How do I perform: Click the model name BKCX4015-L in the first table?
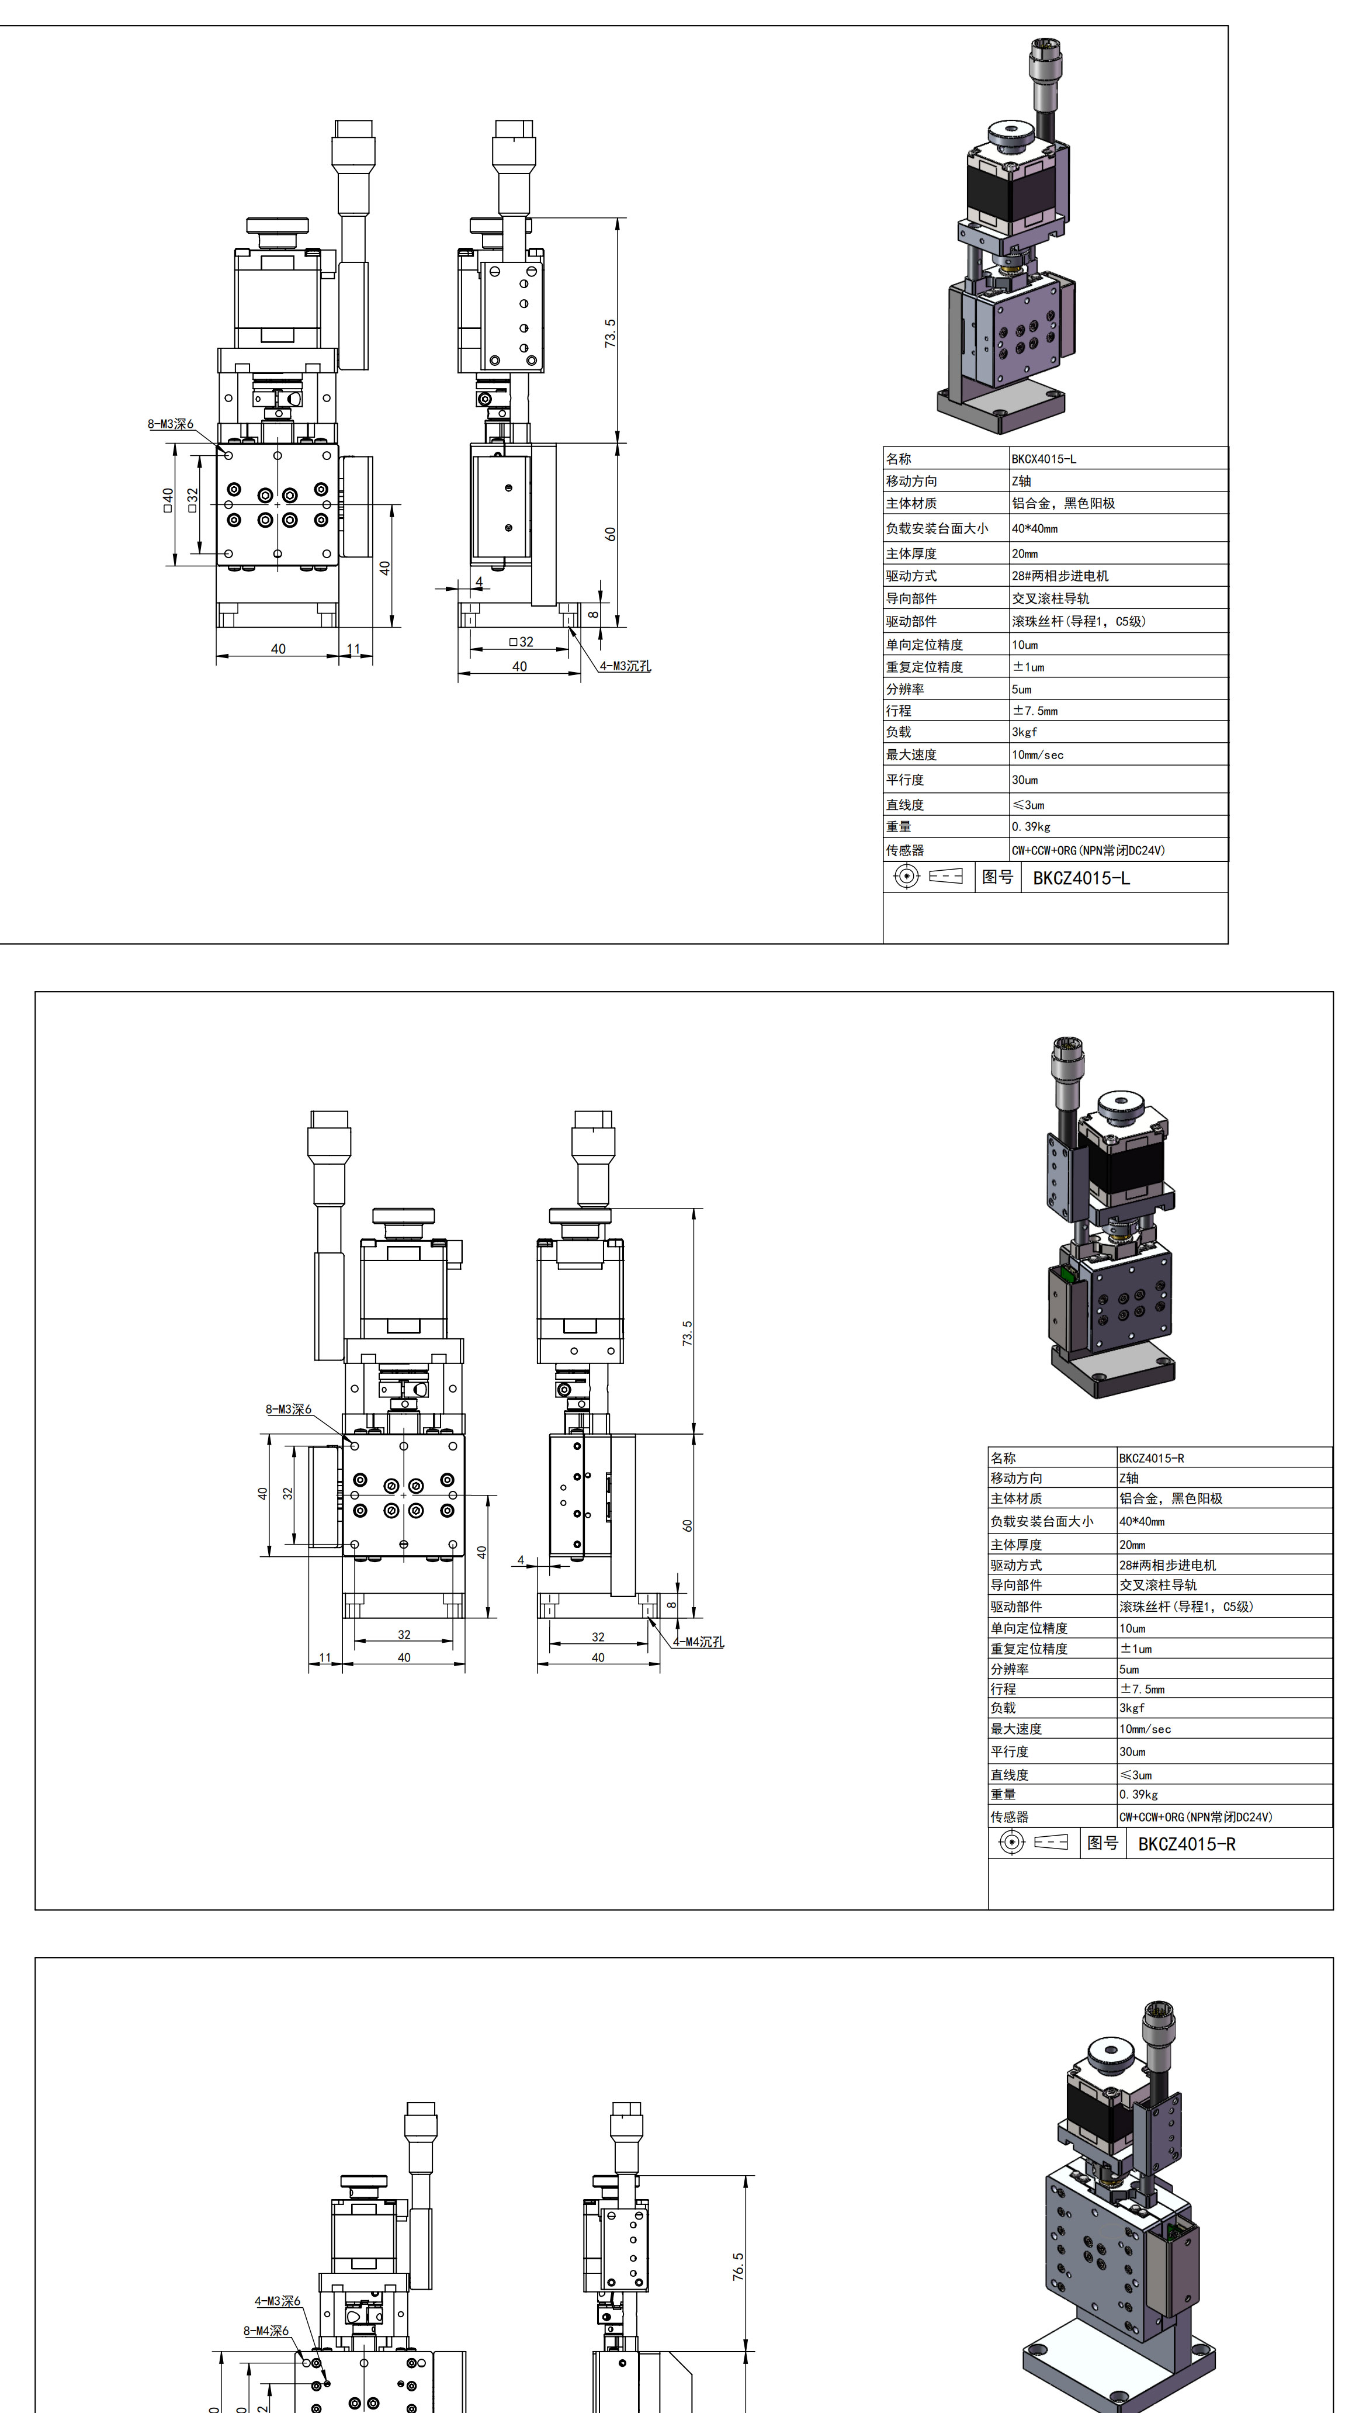click(x=1043, y=459)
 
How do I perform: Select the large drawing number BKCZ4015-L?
click(x=1081, y=878)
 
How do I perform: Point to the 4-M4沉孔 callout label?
click(x=698, y=1642)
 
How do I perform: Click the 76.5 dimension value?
click(x=739, y=2267)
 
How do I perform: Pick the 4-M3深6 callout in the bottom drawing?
click(x=278, y=2300)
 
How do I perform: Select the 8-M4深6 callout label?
click(x=266, y=2331)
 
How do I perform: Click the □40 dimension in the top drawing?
click(x=168, y=500)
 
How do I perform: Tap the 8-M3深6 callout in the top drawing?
click(x=170, y=424)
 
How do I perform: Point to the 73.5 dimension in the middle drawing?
click(x=688, y=1333)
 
